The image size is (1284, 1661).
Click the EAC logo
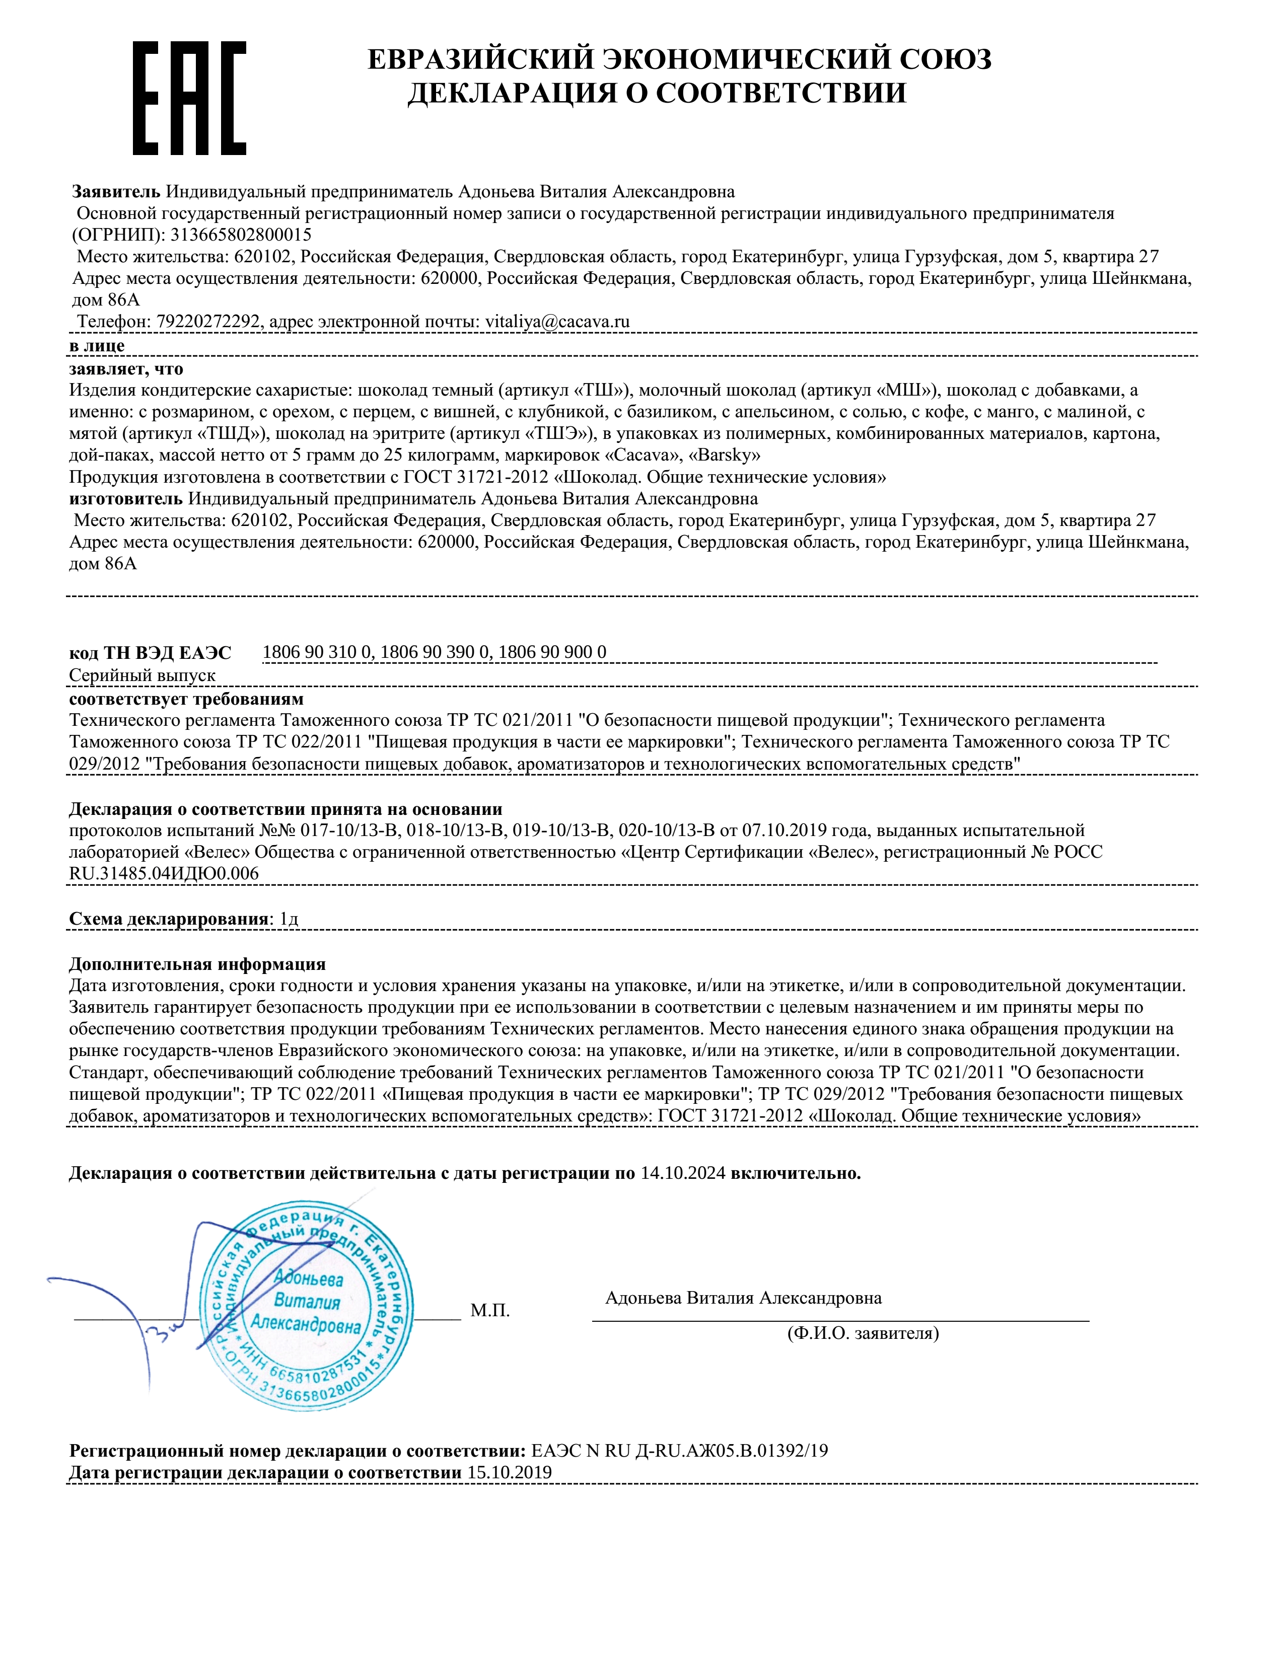[189, 99]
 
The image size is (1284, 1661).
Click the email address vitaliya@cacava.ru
[557, 322]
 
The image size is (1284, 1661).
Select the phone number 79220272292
[207, 322]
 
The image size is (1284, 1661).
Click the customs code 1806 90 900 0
[552, 652]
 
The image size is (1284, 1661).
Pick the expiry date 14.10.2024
[682, 1173]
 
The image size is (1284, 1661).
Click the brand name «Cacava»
[641, 456]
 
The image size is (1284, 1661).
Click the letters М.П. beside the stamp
[490, 1310]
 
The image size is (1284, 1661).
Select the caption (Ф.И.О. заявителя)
[863, 1333]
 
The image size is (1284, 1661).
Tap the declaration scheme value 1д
[289, 919]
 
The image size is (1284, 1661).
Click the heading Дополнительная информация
[197, 964]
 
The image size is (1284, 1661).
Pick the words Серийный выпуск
[142, 675]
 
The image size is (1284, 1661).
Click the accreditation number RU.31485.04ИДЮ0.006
[164, 873]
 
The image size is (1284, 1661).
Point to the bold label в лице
[97, 346]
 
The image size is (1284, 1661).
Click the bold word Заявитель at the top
[116, 192]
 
